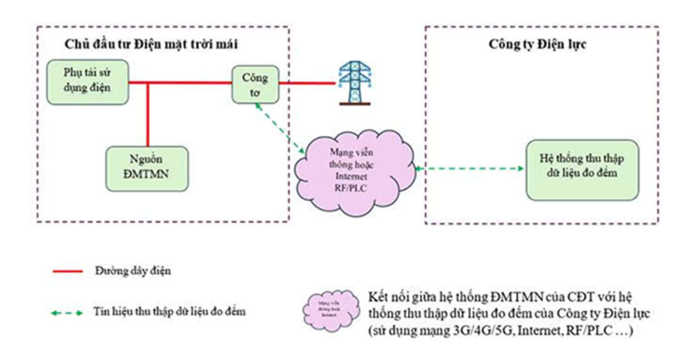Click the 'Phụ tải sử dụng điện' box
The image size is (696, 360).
click(86, 82)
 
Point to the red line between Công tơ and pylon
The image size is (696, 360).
click(306, 84)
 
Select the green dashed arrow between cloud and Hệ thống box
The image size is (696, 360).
click(469, 169)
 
